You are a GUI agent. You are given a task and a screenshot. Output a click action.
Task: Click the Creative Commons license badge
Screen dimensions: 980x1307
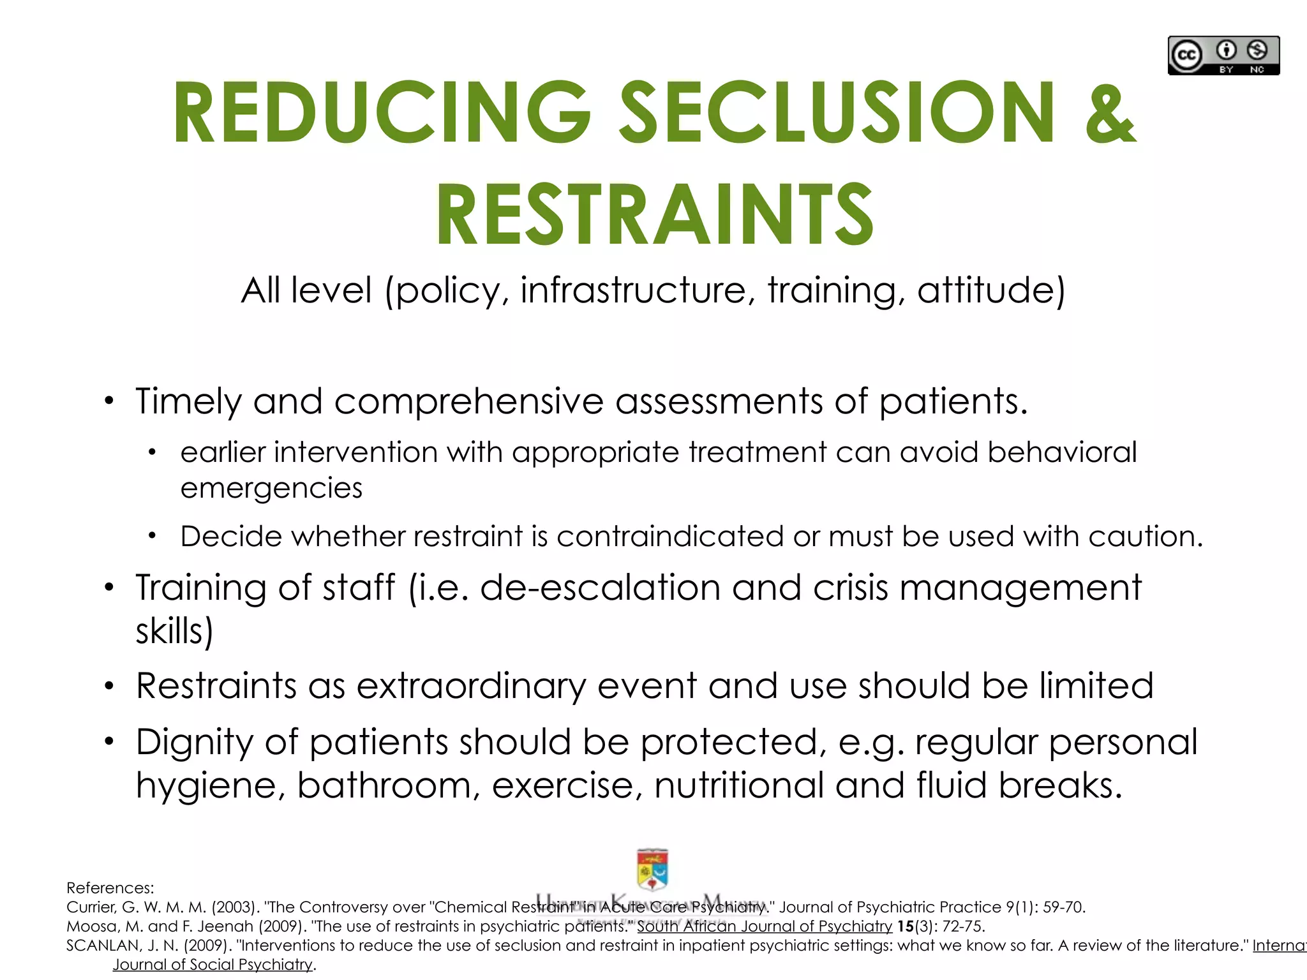pyautogui.click(x=1223, y=56)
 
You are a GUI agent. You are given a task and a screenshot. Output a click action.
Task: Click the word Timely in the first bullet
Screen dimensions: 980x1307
pyautogui.click(x=188, y=402)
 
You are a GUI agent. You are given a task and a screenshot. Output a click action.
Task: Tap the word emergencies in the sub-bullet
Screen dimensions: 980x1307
pyautogui.click(x=271, y=488)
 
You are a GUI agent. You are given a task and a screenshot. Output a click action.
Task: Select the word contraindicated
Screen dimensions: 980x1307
pyautogui.click(x=669, y=536)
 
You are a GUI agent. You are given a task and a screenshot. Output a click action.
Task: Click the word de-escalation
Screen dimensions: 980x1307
pyautogui.click(x=600, y=587)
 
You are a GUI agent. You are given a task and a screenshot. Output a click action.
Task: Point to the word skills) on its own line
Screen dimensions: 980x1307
pyautogui.click(x=174, y=631)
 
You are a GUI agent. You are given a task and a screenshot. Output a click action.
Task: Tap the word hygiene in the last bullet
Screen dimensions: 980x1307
pyautogui.click(x=210, y=785)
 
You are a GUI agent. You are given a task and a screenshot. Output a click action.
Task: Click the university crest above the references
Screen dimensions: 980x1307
pyautogui.click(x=652, y=869)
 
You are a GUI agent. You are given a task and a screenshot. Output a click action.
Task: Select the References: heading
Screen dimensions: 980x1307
pyautogui.click(x=110, y=888)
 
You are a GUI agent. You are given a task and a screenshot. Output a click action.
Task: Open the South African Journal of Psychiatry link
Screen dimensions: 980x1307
pyautogui.click(x=764, y=926)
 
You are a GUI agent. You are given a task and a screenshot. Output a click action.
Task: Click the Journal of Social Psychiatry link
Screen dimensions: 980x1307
pyautogui.click(x=213, y=965)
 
